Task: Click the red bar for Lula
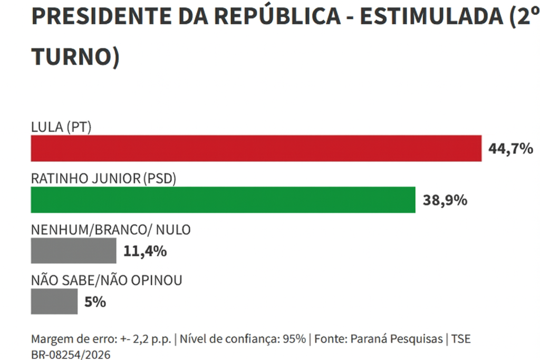point(256,148)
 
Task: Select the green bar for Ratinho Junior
point(223,200)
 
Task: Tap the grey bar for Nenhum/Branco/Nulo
point(74,250)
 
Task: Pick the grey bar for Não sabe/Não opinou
point(54,301)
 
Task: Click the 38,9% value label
point(445,200)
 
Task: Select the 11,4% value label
point(145,251)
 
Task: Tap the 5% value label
point(95,302)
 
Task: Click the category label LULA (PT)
point(62,127)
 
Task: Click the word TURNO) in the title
point(75,56)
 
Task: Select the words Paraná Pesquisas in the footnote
point(399,339)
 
